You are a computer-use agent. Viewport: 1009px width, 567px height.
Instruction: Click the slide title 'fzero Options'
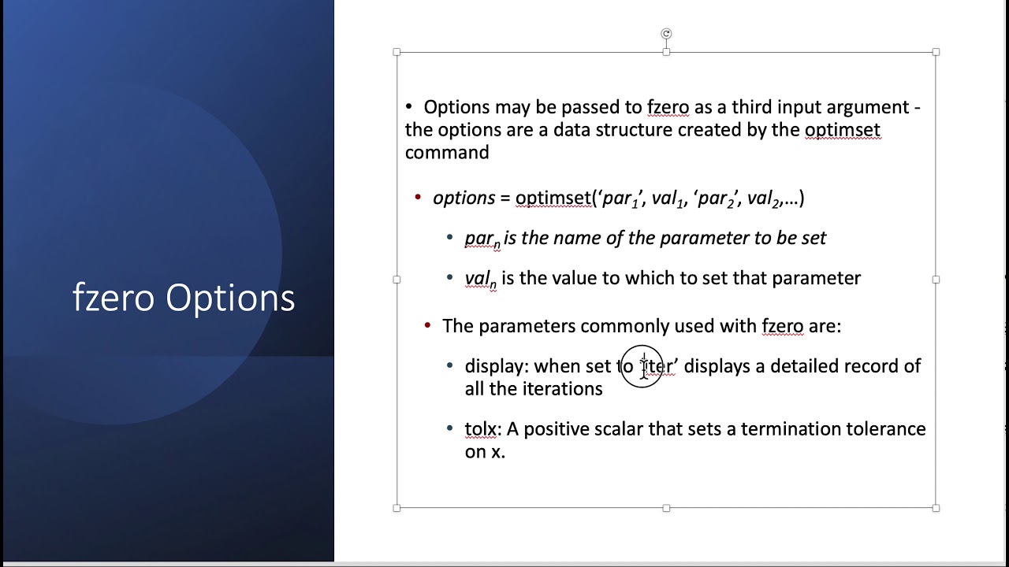pyautogui.click(x=184, y=298)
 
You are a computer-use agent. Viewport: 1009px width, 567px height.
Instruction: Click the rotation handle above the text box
pyautogui.click(x=666, y=34)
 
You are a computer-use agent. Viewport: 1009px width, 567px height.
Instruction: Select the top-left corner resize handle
pyautogui.click(x=397, y=52)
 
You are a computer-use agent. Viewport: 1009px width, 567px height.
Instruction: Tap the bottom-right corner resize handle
pyautogui.click(x=936, y=508)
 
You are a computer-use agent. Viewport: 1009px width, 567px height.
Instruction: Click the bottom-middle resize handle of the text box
pyautogui.click(x=666, y=508)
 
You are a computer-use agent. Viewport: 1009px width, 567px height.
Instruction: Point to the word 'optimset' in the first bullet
pyautogui.click(x=842, y=130)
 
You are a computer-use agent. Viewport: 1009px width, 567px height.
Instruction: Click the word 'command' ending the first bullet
pyautogui.click(x=447, y=153)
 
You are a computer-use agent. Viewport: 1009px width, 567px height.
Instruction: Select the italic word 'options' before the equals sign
pyautogui.click(x=464, y=198)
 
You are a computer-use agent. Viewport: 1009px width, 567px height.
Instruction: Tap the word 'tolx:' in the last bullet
pyautogui.click(x=482, y=429)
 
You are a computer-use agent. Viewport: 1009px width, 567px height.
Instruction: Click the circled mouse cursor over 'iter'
pyautogui.click(x=643, y=367)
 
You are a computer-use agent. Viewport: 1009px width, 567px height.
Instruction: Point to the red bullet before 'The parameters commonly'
pyautogui.click(x=427, y=325)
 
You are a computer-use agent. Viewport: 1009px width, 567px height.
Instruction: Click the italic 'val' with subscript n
pyautogui.click(x=480, y=279)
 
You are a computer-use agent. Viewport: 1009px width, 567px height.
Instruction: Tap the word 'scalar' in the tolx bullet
pyautogui.click(x=618, y=429)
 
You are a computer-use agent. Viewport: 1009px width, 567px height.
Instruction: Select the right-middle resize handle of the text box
pyautogui.click(x=936, y=280)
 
